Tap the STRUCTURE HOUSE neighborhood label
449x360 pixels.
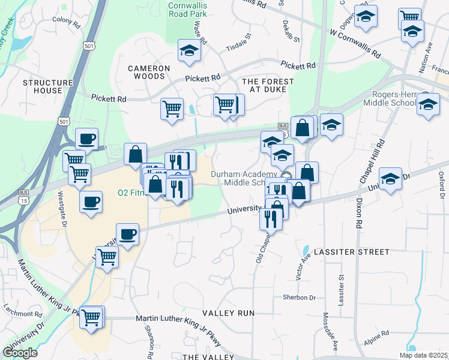(x=43, y=86)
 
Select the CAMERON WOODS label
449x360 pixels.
(x=146, y=73)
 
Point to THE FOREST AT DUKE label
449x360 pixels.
(x=268, y=86)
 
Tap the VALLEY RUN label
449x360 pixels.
(x=228, y=313)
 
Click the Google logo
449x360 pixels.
(x=20, y=353)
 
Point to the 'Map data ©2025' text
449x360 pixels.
(x=424, y=355)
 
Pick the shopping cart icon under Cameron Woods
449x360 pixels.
(x=172, y=109)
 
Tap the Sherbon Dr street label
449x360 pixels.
(x=299, y=297)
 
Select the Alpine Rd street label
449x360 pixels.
(x=376, y=334)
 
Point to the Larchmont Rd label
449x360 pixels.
(x=22, y=313)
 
